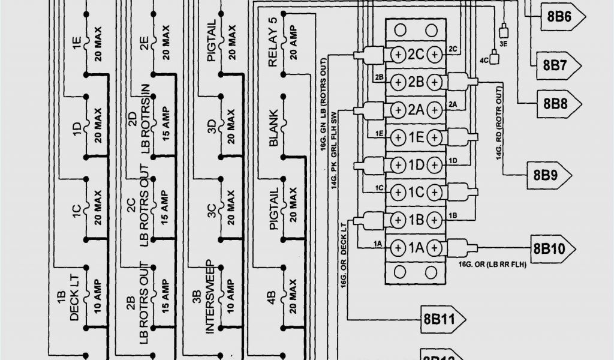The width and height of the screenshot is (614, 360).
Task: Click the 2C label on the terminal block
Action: tap(416, 55)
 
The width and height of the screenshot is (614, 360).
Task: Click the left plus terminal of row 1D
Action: tap(398, 164)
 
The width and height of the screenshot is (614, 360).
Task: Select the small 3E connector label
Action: tap(504, 43)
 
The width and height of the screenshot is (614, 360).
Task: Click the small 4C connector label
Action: tap(484, 61)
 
